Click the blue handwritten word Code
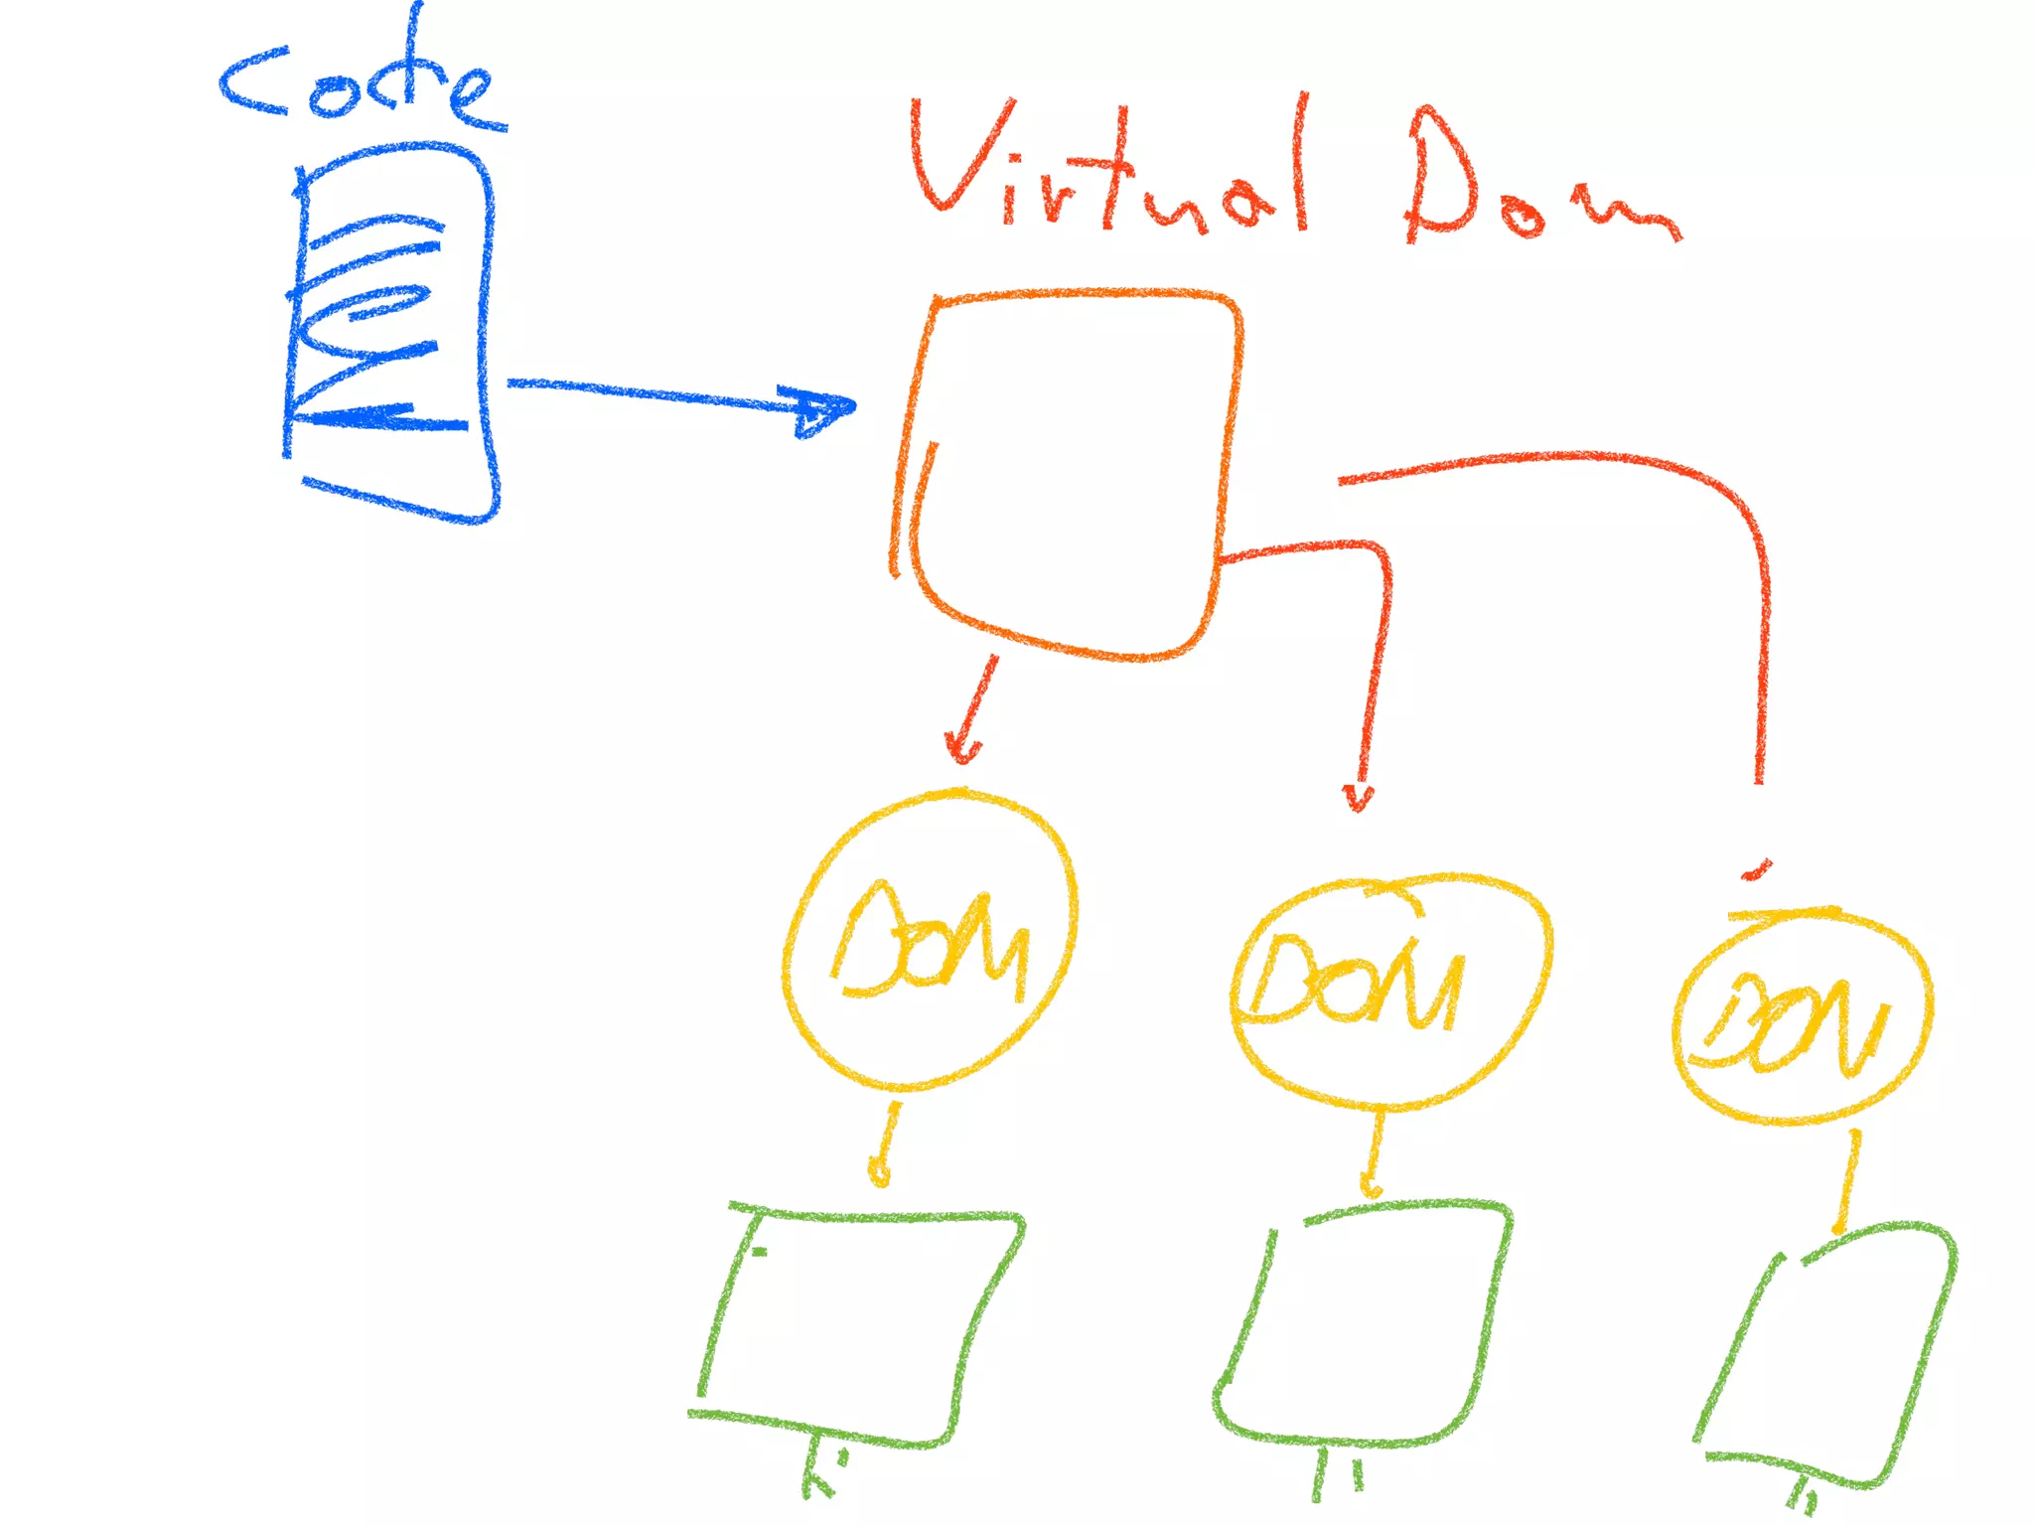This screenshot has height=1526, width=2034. (363, 84)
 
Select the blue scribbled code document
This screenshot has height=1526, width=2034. (392, 333)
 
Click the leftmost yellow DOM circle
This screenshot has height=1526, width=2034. (929, 939)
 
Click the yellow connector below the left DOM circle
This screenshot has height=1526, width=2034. (887, 1143)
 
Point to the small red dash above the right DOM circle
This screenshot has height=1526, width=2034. (1756, 871)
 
